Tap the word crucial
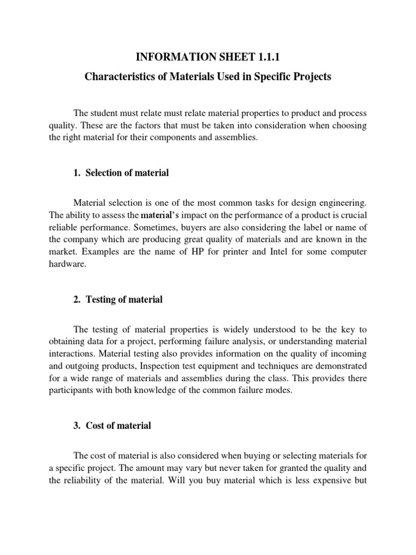[353, 215]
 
